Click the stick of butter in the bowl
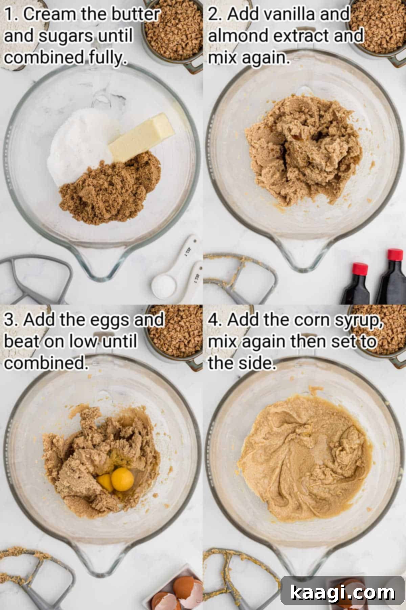(141, 137)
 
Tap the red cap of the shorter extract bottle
(359, 269)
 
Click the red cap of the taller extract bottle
(395, 255)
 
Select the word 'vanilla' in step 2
(281, 15)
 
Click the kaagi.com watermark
(342, 592)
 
